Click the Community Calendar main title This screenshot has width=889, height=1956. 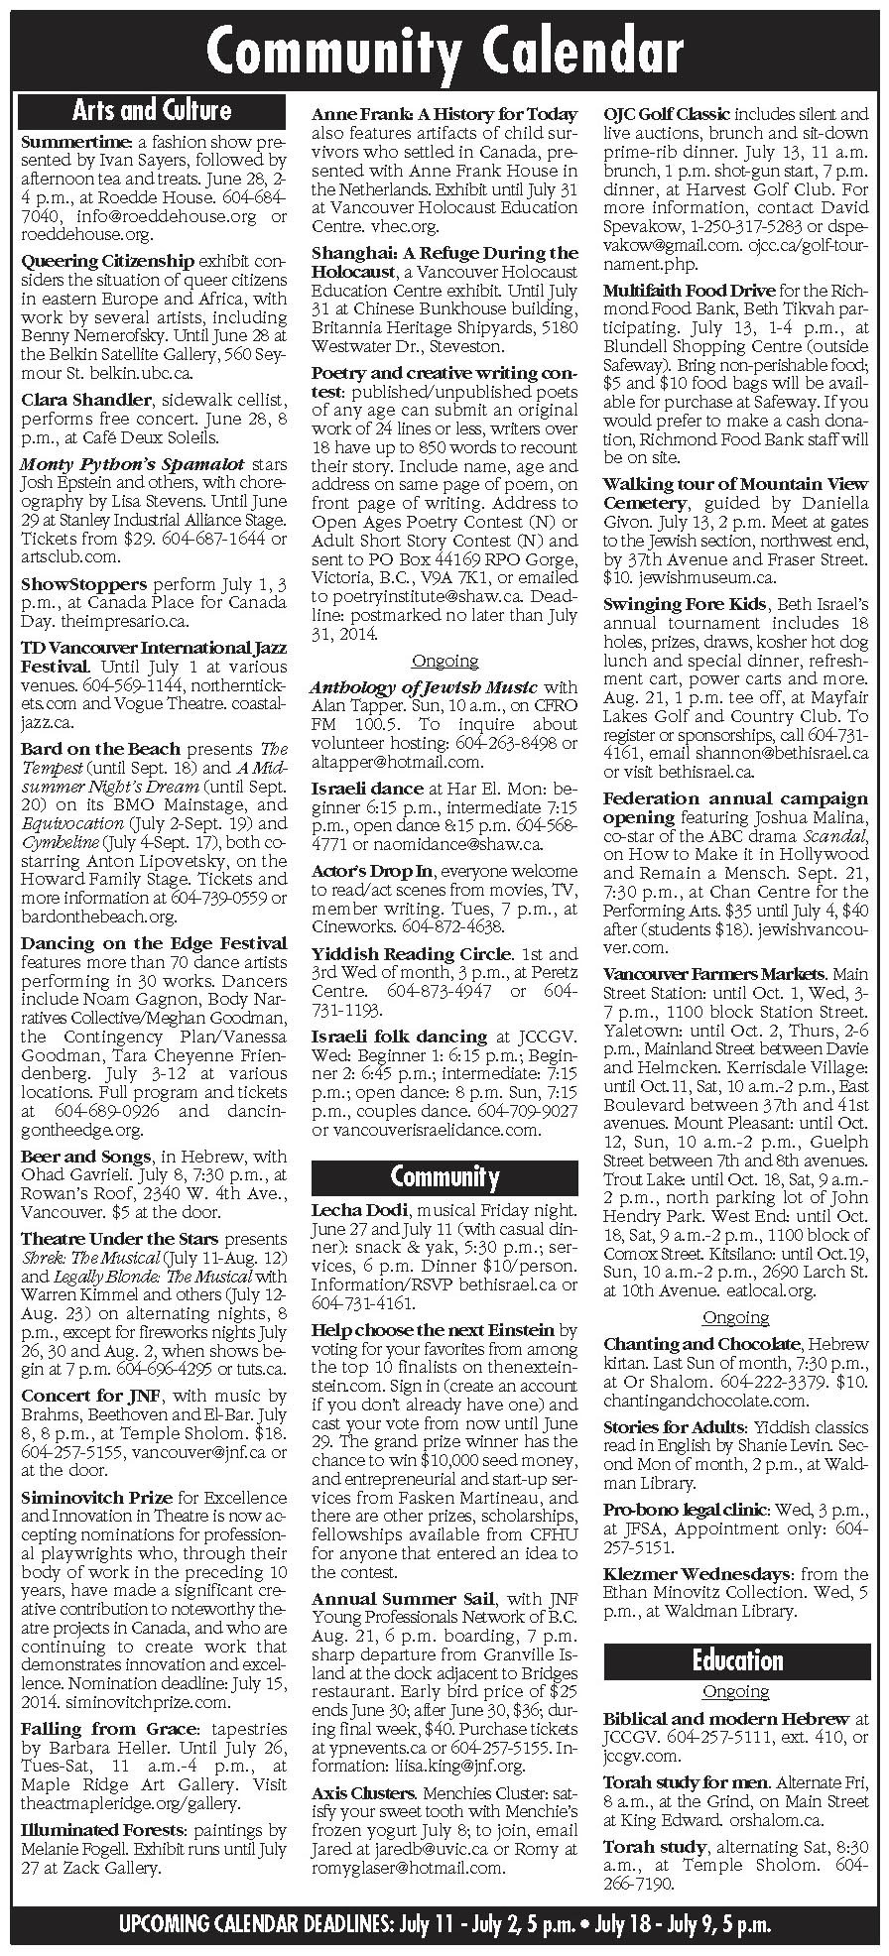444,49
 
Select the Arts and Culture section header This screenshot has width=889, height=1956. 152,109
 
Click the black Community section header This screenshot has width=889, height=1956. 444,1176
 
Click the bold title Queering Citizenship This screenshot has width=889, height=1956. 107,261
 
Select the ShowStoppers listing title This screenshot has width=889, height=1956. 83,584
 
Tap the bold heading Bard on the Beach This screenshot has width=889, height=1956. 100,749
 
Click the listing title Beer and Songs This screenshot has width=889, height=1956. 85,1157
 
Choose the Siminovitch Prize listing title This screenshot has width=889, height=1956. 96,1498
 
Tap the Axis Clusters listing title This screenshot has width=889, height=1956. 363,1793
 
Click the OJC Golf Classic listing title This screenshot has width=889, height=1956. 667,114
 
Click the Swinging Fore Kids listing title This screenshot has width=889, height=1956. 685,605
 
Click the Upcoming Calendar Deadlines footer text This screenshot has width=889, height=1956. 444,1926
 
